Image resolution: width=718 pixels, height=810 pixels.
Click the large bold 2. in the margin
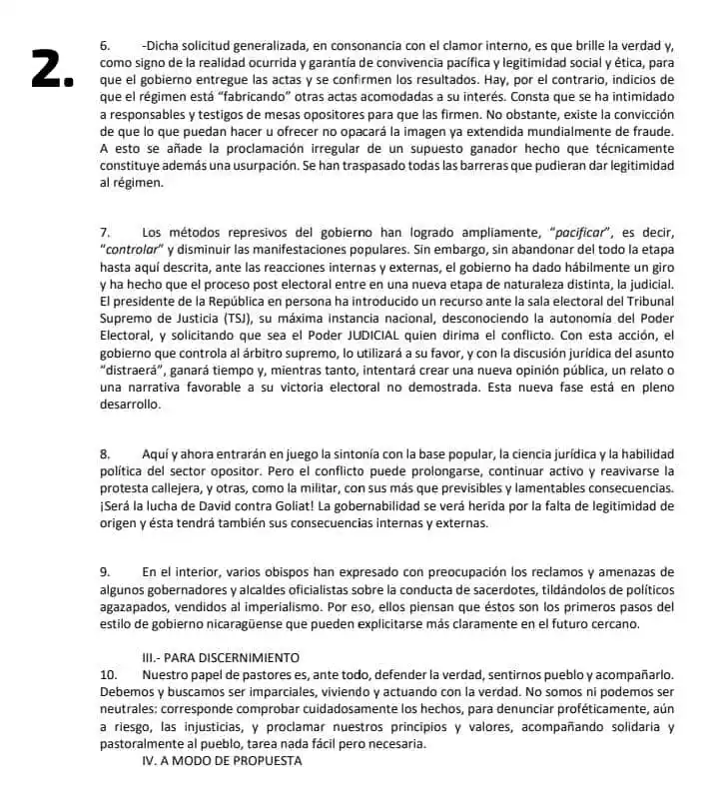53,68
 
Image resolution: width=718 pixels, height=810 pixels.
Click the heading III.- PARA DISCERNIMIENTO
221,657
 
